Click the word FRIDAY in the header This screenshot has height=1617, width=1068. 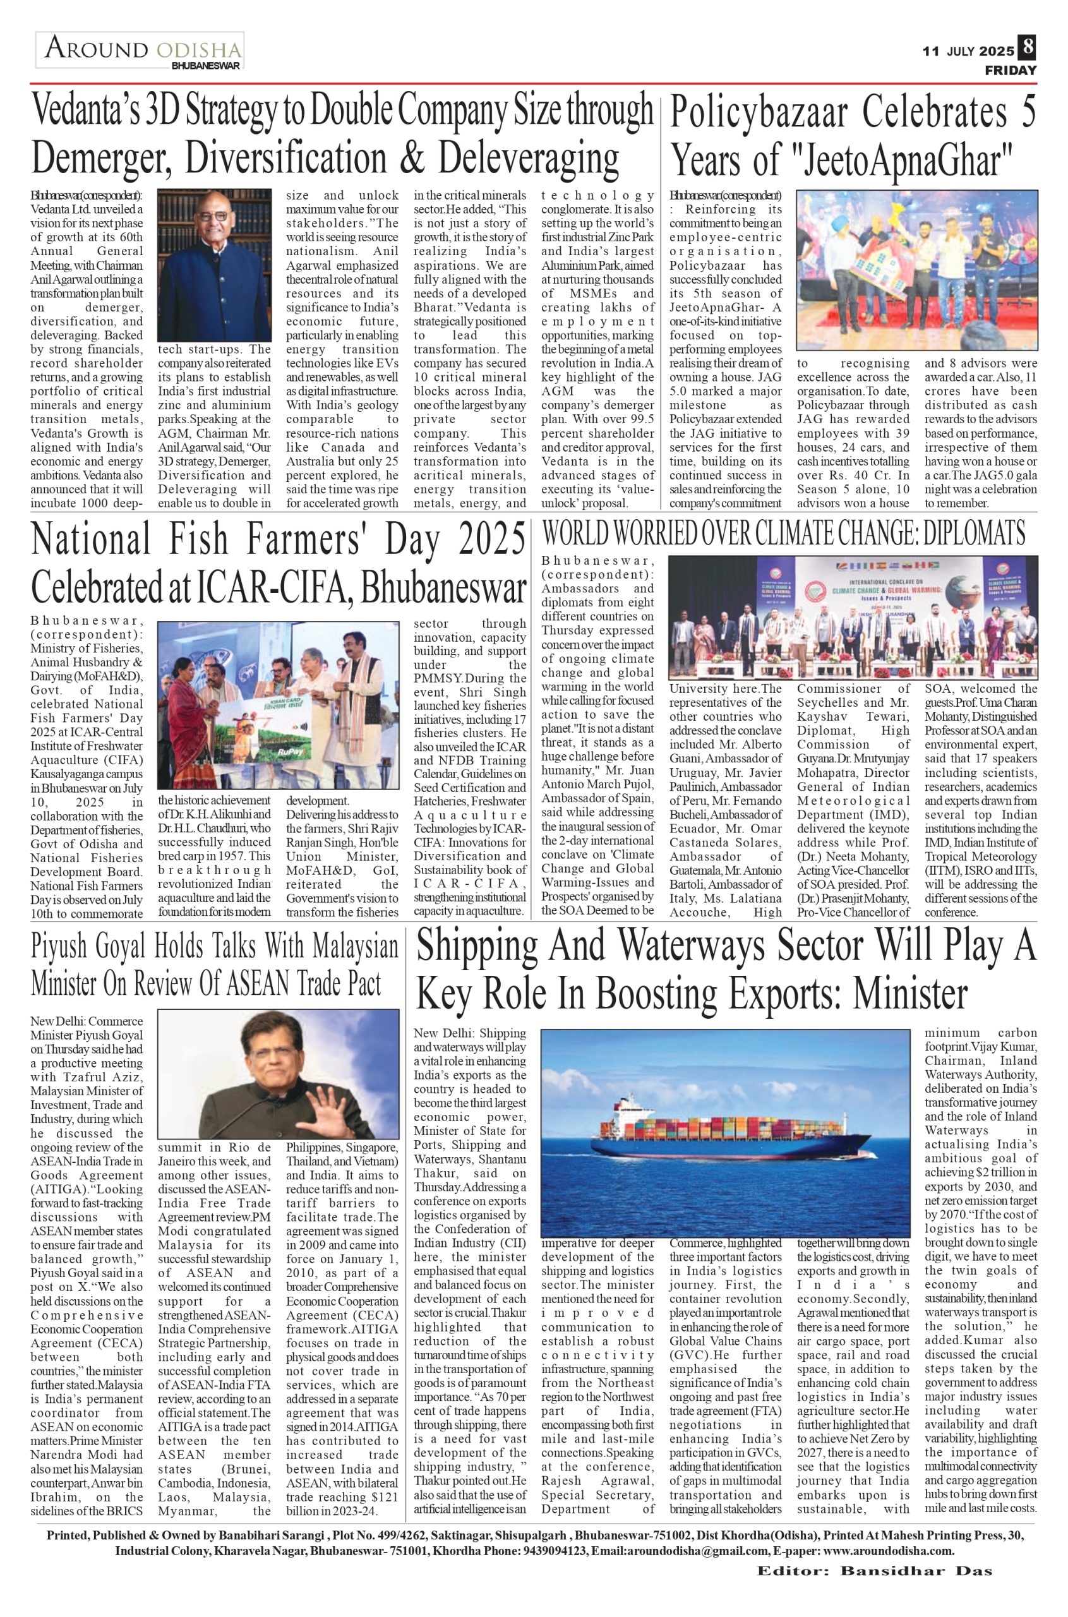pos(1010,70)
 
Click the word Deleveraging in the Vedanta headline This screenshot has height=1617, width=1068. pos(529,159)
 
